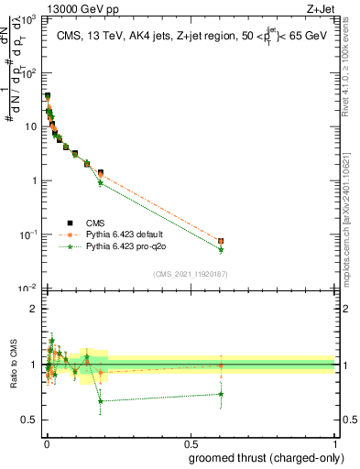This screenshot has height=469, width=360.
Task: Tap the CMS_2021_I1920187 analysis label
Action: (x=191, y=274)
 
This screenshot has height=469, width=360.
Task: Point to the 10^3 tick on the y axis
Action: (x=30, y=18)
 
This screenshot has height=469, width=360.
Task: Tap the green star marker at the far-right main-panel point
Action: (x=221, y=249)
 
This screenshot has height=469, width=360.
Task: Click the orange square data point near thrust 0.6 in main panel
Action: (x=221, y=241)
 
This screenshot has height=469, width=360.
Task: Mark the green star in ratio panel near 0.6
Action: (x=221, y=394)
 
